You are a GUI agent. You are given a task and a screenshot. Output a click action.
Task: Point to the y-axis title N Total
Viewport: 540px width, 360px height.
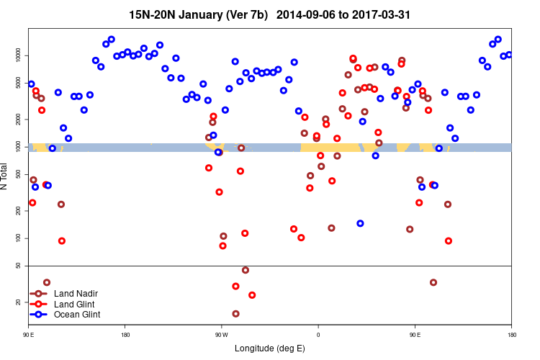pos(6,176)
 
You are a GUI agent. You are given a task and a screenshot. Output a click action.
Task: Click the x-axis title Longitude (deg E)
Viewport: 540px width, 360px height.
pos(270,348)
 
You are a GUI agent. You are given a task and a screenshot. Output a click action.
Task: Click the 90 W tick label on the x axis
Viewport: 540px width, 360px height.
pos(221,335)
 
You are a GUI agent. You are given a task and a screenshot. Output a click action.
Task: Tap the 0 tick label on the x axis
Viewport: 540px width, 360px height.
pos(318,335)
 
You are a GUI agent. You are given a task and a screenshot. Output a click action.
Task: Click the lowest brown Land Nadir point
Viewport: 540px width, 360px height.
pos(235,313)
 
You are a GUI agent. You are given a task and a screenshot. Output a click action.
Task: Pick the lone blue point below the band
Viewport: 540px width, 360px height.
pos(360,223)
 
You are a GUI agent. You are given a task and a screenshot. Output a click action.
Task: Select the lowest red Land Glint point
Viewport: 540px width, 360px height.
pos(252,294)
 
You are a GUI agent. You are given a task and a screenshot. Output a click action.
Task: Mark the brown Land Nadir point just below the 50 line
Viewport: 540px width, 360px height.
pos(246,270)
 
